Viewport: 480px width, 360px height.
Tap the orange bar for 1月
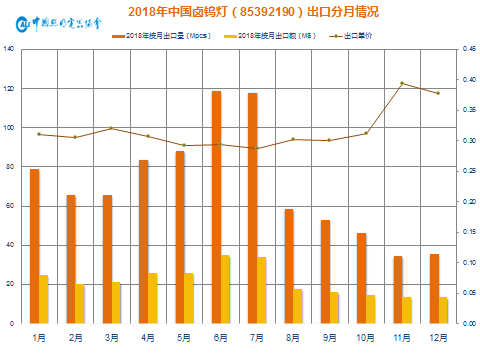(35, 246)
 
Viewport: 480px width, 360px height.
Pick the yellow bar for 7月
(262, 290)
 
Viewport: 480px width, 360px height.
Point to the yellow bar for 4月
(153, 298)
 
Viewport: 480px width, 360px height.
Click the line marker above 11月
(402, 83)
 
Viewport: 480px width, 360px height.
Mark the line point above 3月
(111, 128)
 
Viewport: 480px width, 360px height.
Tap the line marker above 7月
(257, 148)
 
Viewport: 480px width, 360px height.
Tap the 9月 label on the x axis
(330, 338)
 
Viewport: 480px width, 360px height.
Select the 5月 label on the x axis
(184, 338)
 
